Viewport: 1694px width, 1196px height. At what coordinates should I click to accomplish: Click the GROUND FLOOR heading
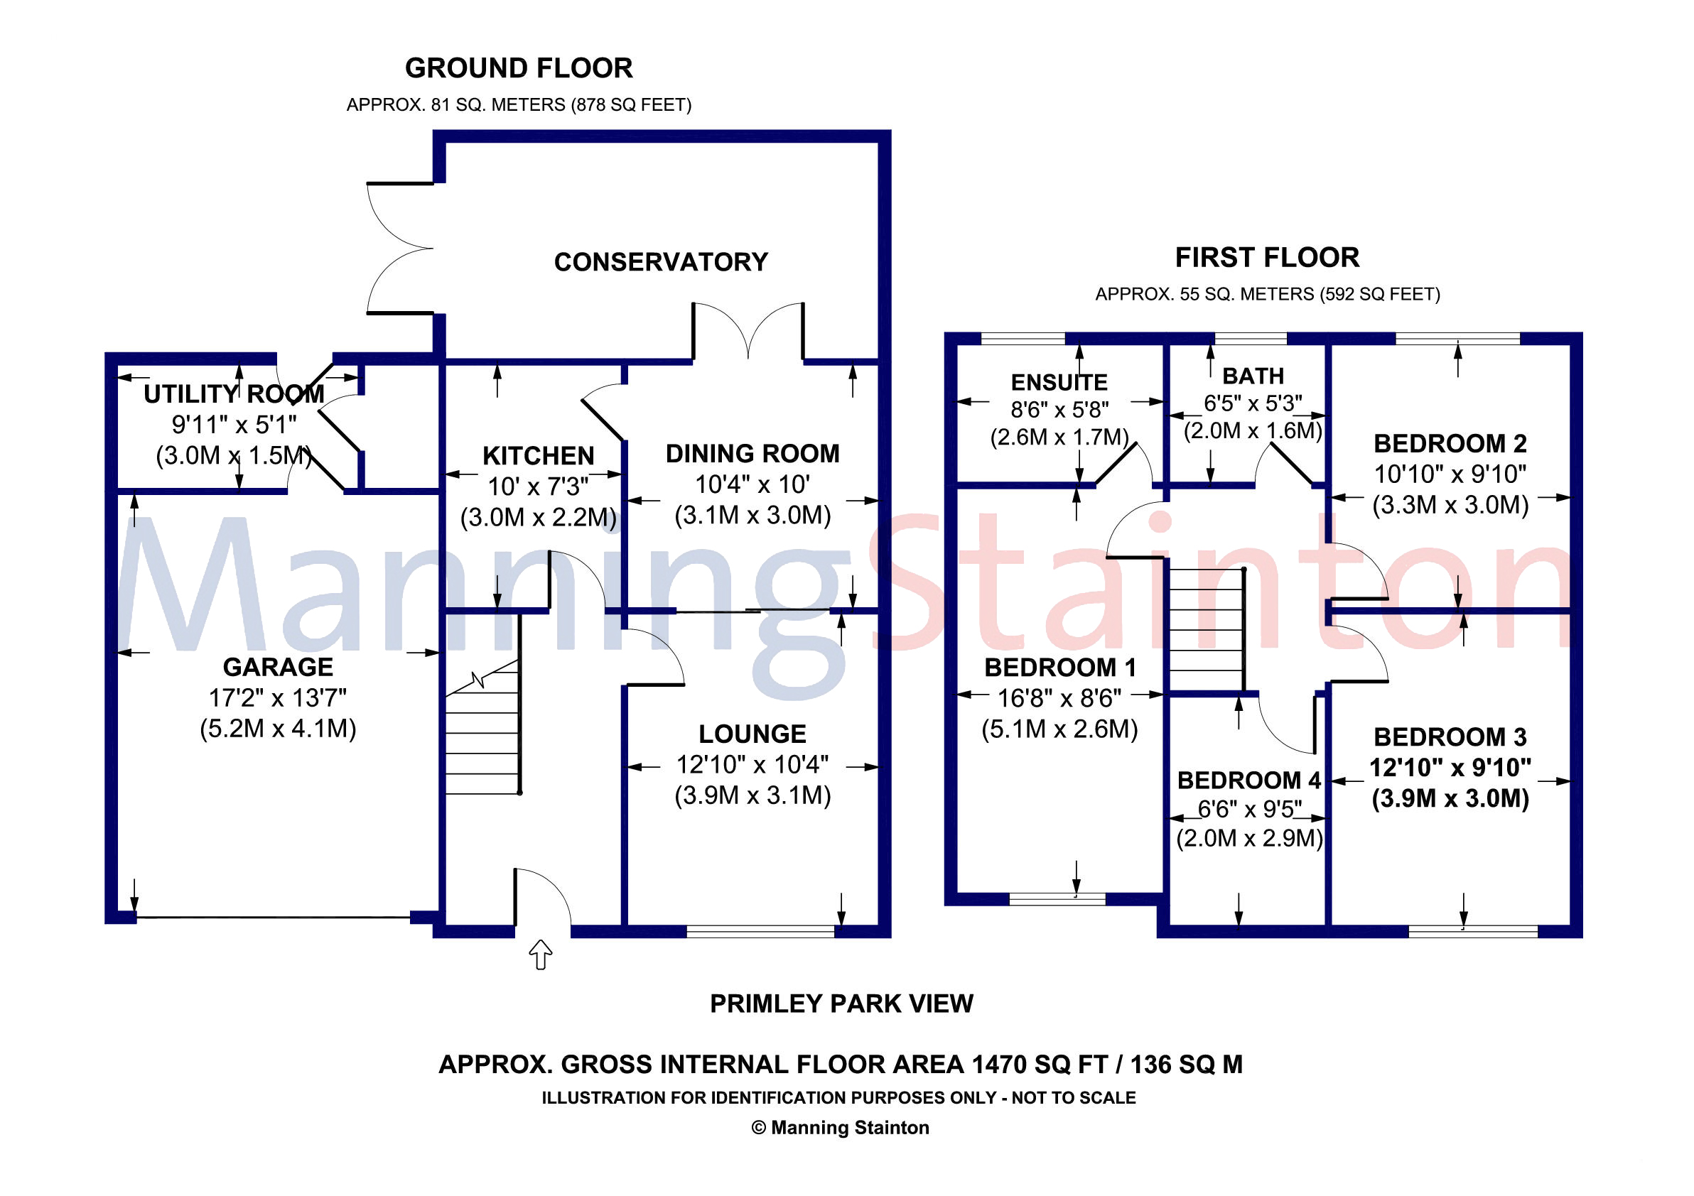(518, 69)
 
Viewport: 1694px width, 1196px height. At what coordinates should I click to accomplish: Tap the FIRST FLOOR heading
(1266, 257)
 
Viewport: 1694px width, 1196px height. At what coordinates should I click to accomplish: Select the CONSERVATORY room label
(660, 262)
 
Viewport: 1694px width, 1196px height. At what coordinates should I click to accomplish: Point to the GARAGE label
(277, 667)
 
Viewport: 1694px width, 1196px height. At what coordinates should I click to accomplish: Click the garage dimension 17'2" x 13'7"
(277, 697)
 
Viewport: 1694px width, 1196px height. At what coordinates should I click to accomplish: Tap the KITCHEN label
(538, 456)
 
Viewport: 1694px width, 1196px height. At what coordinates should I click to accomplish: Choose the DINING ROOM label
(752, 454)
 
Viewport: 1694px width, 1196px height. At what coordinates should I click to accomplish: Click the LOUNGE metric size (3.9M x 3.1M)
(752, 795)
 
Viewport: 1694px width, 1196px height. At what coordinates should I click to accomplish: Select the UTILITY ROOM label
(233, 394)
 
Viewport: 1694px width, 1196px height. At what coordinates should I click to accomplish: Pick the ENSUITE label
(1059, 382)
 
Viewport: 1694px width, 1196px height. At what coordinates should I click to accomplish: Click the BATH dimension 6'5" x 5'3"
(1252, 403)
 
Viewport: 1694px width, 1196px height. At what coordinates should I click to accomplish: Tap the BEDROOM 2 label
(1449, 443)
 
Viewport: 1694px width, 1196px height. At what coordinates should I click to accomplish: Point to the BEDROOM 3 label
(1449, 736)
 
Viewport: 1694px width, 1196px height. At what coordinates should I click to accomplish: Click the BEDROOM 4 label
(1248, 779)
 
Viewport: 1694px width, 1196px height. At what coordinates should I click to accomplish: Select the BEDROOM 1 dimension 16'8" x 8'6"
(1059, 697)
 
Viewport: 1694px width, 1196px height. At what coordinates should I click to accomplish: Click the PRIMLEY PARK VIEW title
(841, 1004)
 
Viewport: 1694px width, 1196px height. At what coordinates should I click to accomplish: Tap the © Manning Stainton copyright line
(840, 1127)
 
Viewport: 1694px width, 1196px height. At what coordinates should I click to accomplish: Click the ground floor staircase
(482, 737)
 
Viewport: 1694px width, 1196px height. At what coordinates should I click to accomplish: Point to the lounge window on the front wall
(760, 931)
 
